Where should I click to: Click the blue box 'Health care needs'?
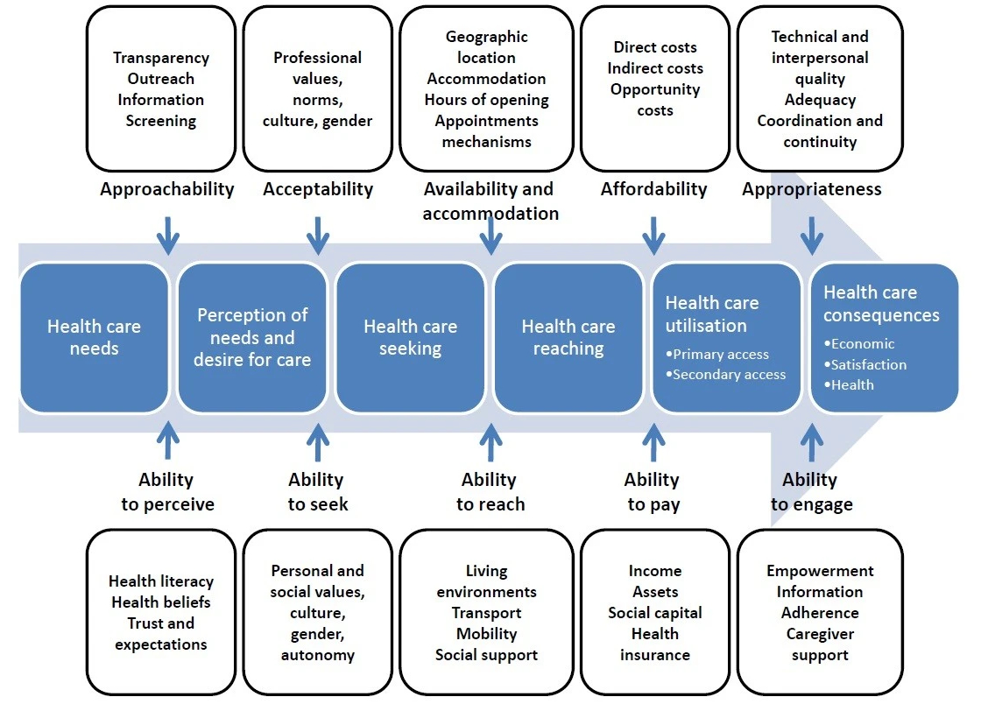click(94, 337)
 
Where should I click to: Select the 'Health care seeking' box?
click(410, 337)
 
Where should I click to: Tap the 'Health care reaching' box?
click(568, 337)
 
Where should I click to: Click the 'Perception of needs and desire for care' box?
click(252, 337)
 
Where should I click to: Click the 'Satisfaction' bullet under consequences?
click(868, 364)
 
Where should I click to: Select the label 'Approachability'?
click(166, 189)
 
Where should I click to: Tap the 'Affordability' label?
click(653, 189)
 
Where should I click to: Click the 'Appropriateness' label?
click(812, 189)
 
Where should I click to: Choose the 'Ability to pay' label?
click(652, 492)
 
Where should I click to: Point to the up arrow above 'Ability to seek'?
click(316, 440)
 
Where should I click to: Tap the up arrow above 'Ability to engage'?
click(812, 440)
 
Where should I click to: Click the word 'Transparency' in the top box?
click(161, 58)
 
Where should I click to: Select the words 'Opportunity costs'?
click(655, 100)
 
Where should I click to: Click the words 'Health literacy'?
click(161, 581)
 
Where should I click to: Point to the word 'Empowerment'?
click(820, 571)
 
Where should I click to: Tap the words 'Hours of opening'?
click(487, 100)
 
